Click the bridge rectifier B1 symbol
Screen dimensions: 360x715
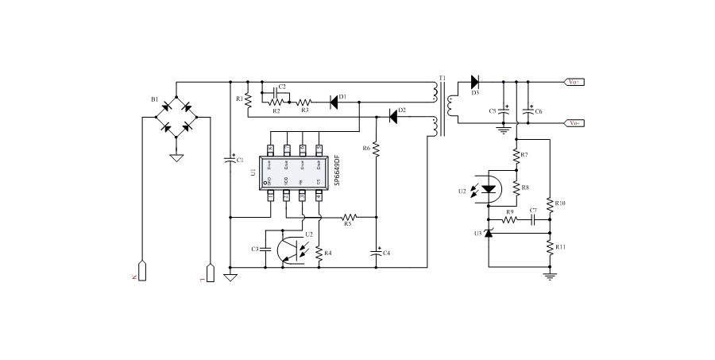[176, 117]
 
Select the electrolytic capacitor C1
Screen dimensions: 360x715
[230, 160]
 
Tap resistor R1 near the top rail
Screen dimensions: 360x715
[248, 99]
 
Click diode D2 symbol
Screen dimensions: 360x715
[392, 117]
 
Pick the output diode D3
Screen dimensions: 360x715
[475, 81]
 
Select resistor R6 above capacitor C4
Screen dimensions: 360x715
[377, 149]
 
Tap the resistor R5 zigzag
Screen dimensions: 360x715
[350, 216]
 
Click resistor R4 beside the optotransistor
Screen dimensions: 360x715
[319, 254]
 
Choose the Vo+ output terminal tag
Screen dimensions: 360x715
[574, 81]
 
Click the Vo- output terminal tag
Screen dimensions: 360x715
[574, 122]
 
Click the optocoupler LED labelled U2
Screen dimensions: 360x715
[490, 189]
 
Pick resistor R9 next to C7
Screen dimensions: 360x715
[508, 219]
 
